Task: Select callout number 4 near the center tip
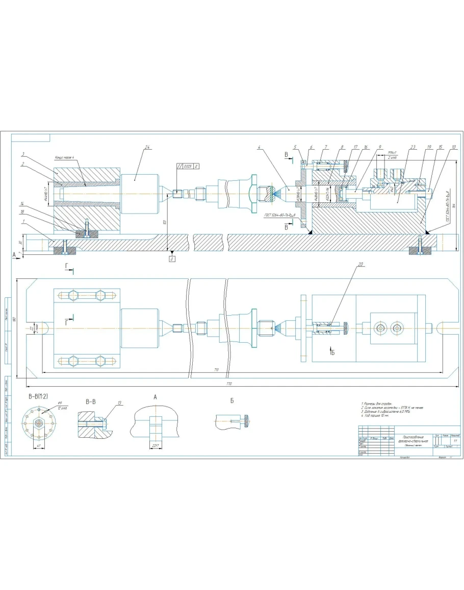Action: point(260,148)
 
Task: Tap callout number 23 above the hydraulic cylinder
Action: point(413,148)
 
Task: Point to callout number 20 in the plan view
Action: point(360,265)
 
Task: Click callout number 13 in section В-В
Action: point(119,403)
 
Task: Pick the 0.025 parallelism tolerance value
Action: point(187,166)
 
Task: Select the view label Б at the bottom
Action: point(232,400)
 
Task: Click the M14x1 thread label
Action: point(392,152)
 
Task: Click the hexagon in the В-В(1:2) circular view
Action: point(39,423)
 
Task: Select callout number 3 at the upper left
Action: point(23,153)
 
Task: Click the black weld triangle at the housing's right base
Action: point(427,231)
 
